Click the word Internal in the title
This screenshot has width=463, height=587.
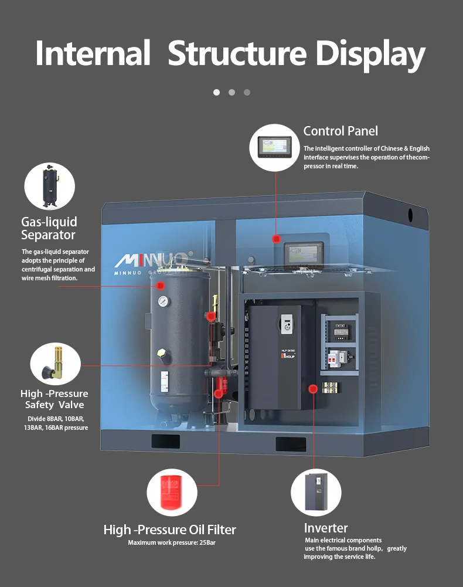click(93, 53)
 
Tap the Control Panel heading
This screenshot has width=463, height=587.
click(341, 131)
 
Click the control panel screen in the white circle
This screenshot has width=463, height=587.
click(275, 146)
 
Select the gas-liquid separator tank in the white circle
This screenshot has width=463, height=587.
click(50, 186)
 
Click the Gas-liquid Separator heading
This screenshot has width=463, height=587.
click(49, 228)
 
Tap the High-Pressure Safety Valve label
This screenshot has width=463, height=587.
click(54, 399)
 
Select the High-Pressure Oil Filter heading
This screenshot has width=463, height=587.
click(169, 530)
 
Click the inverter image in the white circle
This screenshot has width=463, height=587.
click(316, 491)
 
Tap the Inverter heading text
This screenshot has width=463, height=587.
click(326, 528)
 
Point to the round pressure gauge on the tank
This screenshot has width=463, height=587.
click(163, 301)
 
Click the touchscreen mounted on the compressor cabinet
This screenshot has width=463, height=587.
click(304, 255)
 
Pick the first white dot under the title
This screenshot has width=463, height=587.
click(216, 92)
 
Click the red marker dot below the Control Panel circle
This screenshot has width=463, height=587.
click(275, 239)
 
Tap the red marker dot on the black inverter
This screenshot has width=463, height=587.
click(314, 388)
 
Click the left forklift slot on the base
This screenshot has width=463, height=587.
click(165, 442)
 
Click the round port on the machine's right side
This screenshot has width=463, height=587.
click(410, 215)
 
